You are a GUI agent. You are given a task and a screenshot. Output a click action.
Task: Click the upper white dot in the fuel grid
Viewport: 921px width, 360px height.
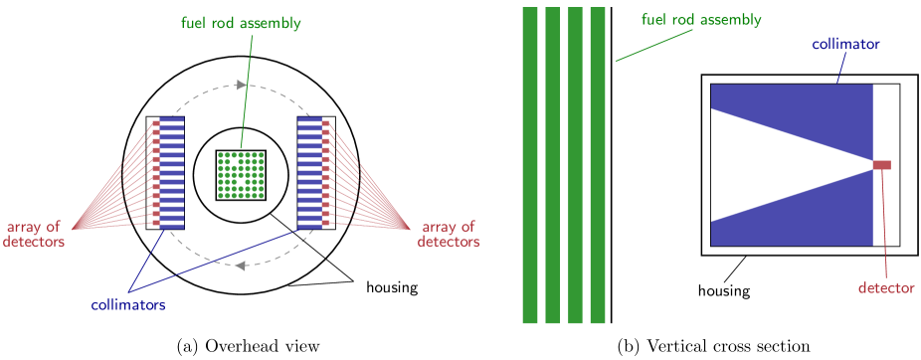click(x=234, y=161)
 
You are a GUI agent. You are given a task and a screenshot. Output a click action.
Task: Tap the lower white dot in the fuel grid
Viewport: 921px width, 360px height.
click(x=241, y=182)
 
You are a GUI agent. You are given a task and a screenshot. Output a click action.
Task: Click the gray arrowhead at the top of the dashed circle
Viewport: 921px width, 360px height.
click(x=241, y=85)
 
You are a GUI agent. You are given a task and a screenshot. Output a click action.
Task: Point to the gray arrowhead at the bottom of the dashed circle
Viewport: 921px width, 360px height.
click(x=241, y=265)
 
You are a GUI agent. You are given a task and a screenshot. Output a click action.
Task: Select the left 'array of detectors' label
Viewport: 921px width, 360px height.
click(x=34, y=234)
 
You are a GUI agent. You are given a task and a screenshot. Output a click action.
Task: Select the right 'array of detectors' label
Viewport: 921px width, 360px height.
click(x=448, y=234)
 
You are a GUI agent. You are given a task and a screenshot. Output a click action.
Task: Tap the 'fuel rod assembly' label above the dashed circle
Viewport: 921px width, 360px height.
click(x=241, y=23)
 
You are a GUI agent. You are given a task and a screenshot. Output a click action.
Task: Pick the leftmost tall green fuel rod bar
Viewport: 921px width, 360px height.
click(x=530, y=165)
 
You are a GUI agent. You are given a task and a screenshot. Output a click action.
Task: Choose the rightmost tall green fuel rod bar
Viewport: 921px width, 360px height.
click(x=598, y=165)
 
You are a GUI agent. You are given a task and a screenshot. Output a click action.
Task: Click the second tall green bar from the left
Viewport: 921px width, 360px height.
click(x=553, y=165)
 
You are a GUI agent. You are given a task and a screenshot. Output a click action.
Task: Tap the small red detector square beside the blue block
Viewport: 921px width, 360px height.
click(x=882, y=165)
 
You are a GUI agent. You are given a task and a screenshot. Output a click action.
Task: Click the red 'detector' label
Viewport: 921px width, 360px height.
click(x=886, y=288)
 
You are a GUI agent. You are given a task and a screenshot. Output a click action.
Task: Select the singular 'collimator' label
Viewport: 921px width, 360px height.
click(x=845, y=45)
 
